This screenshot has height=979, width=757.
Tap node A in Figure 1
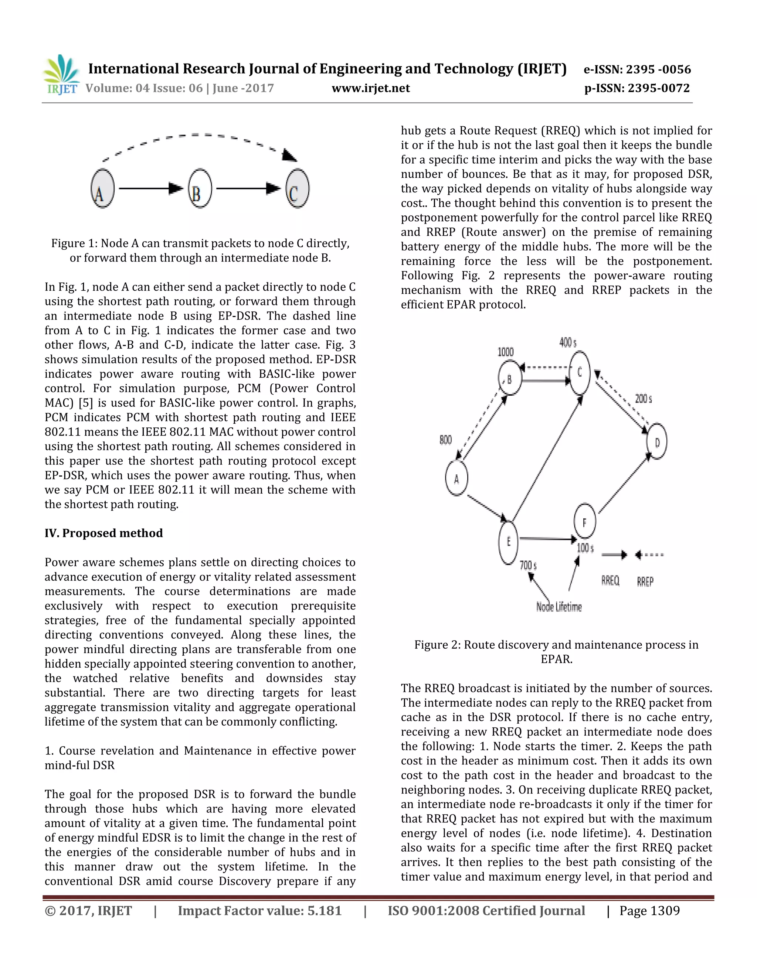point(103,189)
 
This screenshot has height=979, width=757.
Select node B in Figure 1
point(200,189)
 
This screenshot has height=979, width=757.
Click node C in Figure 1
point(297,189)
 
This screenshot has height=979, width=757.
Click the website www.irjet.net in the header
point(370,88)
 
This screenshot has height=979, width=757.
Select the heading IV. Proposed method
point(103,533)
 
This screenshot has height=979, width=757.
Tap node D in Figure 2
point(656,441)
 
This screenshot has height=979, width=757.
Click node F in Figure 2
point(585,521)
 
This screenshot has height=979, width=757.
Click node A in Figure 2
point(456,478)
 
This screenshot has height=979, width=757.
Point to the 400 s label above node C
point(568,343)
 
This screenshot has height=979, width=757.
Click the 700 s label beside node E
point(528,565)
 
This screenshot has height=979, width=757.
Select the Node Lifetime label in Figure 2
point(559,607)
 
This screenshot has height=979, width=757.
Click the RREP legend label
point(645,581)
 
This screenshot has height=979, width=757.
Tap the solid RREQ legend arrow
point(614,555)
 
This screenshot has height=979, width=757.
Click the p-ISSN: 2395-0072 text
point(637,88)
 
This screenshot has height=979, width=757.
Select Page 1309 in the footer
point(649,911)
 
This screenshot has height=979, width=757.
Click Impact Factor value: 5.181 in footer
point(259,911)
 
